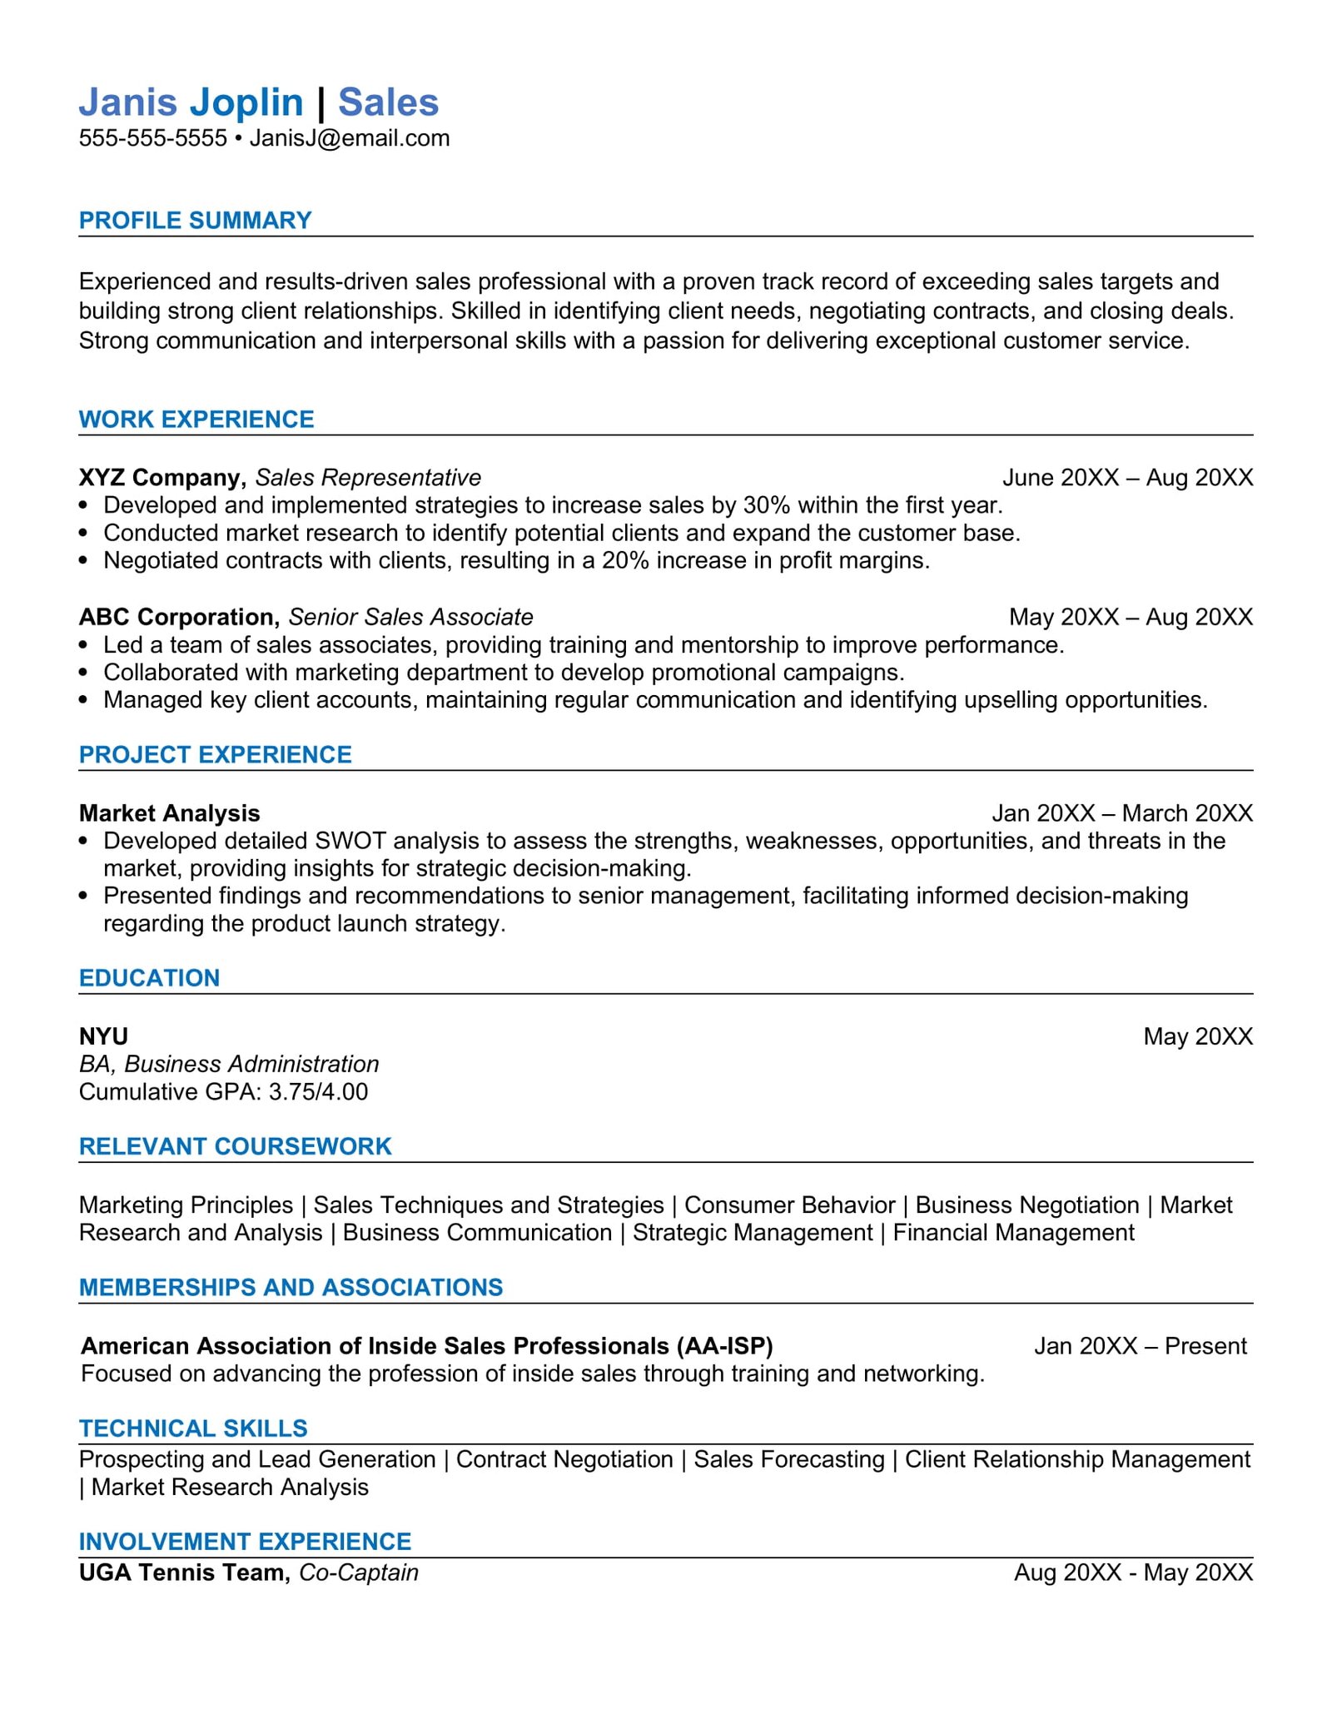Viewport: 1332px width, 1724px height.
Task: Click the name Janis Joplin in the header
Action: (x=191, y=102)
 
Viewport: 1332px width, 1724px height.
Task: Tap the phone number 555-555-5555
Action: (x=152, y=138)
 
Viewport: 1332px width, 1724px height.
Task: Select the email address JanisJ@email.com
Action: (x=350, y=138)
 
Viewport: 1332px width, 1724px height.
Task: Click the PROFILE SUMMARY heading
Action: (x=195, y=221)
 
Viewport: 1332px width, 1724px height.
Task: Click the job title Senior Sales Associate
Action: (x=410, y=617)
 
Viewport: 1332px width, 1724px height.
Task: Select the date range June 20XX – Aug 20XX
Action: (x=1127, y=478)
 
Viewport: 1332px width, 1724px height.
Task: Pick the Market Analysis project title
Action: (x=169, y=813)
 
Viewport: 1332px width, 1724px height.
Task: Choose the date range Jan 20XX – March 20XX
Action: (x=1121, y=813)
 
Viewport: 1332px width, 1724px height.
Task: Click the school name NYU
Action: (x=103, y=1036)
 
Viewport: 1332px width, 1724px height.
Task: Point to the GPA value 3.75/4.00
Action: (x=318, y=1092)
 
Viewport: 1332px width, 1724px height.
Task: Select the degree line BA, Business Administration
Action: (x=229, y=1065)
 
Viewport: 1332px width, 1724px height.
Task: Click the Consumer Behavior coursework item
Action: (x=789, y=1205)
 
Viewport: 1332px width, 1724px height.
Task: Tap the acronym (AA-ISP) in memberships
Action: (x=724, y=1346)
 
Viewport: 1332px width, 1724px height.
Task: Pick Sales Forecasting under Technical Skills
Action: (x=788, y=1459)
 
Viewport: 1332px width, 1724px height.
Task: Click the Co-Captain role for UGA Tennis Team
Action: (x=358, y=1572)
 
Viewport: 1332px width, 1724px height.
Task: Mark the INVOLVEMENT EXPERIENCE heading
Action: (x=245, y=1542)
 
